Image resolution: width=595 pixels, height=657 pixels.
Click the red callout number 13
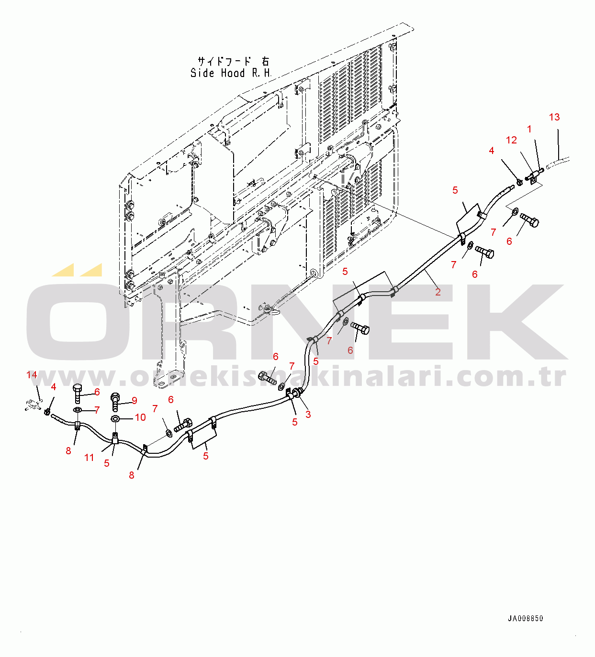tap(554, 117)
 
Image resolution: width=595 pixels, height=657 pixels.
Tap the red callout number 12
tap(511, 140)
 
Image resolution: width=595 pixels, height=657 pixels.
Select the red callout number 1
tap(529, 130)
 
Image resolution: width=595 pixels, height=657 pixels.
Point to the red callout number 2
tap(438, 292)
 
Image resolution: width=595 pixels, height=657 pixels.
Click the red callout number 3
tap(308, 414)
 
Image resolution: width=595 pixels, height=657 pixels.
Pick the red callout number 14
tap(32, 375)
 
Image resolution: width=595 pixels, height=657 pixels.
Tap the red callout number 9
tap(135, 400)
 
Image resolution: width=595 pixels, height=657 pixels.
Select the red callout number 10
tap(140, 417)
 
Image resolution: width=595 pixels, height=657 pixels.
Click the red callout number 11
tap(89, 458)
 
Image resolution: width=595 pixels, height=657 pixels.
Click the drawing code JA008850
tap(526, 618)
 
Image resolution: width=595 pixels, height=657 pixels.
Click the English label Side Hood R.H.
tap(231, 73)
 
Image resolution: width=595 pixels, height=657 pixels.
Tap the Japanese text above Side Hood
tap(233, 61)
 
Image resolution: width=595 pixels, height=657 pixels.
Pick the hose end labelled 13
tap(558, 162)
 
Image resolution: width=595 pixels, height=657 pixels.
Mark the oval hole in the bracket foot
tap(161, 383)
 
